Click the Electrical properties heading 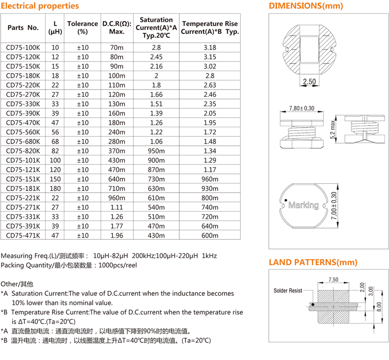click(40, 6)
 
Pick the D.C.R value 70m click(116, 48)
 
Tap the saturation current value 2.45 click(156, 57)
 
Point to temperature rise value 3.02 click(210, 66)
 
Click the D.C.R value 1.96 click(116, 235)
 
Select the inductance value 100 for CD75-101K click(55, 160)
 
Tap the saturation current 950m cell click(156, 151)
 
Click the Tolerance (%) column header click(83, 28)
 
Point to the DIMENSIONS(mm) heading click(306, 6)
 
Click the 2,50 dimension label click(310, 82)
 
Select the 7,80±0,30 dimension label click(302, 108)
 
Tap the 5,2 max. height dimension click(333, 130)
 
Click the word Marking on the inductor click(303, 205)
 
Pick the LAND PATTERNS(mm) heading click(313, 262)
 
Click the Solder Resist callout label click(288, 290)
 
